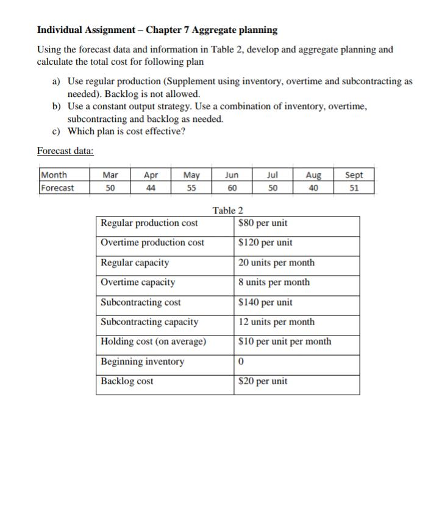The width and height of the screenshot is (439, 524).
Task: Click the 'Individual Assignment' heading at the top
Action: tap(157, 29)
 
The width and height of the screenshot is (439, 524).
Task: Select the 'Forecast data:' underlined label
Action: tap(65, 151)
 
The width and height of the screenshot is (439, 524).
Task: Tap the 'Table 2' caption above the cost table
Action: tap(227, 210)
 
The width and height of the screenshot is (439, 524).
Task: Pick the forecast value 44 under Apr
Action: tap(150, 188)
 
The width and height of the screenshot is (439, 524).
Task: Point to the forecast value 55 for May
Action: tap(191, 188)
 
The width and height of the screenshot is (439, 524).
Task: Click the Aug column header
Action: tap(313, 174)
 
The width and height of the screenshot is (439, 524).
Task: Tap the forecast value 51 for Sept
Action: tap(354, 188)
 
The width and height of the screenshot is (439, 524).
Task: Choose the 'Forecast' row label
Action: tap(57, 188)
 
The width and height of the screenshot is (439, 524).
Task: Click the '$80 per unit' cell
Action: tap(263, 223)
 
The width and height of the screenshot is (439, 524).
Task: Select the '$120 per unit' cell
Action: tap(266, 243)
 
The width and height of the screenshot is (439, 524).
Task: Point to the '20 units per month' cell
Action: tap(277, 262)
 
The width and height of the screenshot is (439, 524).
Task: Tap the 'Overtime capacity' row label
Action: tap(138, 282)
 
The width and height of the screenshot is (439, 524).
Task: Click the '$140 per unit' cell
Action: tap(266, 302)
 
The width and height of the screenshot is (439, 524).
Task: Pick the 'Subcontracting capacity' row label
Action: tap(149, 321)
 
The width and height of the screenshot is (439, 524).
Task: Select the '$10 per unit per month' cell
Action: tap(285, 341)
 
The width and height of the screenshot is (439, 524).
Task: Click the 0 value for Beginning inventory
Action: tap(242, 361)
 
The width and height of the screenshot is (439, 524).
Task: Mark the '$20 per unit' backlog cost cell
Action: tap(263, 381)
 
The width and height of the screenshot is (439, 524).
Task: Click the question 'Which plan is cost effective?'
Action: tap(126, 131)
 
